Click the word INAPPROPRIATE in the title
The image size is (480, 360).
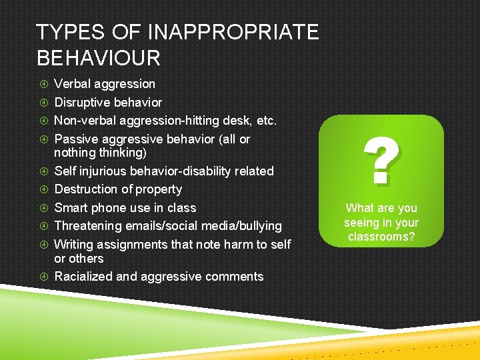point(227,31)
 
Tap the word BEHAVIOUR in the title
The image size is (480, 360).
point(99,58)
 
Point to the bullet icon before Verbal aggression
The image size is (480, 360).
point(43,84)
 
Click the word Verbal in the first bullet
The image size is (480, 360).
point(72,84)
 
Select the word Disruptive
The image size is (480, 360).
point(82,103)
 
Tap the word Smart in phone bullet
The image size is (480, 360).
point(71,208)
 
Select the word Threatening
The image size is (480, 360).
point(87,226)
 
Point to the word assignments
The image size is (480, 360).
point(133,245)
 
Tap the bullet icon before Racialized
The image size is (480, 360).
point(43,277)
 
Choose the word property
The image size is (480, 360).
point(158,189)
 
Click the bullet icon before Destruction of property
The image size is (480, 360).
point(43,189)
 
